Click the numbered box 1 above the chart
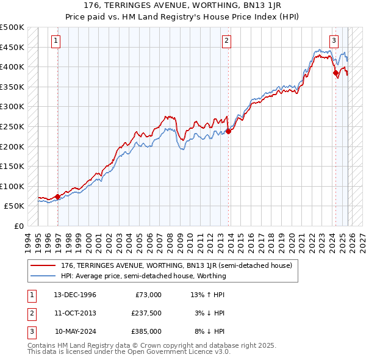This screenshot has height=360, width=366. [56, 41]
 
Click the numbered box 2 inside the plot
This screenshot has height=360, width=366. [226, 41]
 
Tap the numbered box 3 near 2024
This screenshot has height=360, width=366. [334, 41]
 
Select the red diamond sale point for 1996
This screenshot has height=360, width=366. [57, 196]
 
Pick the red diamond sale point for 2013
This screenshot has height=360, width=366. [228, 131]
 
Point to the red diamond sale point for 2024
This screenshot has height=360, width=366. [335, 73]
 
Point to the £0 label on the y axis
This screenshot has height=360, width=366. [18, 226]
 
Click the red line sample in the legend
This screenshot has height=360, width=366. [44, 265]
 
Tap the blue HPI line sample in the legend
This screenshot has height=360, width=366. [44, 276]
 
